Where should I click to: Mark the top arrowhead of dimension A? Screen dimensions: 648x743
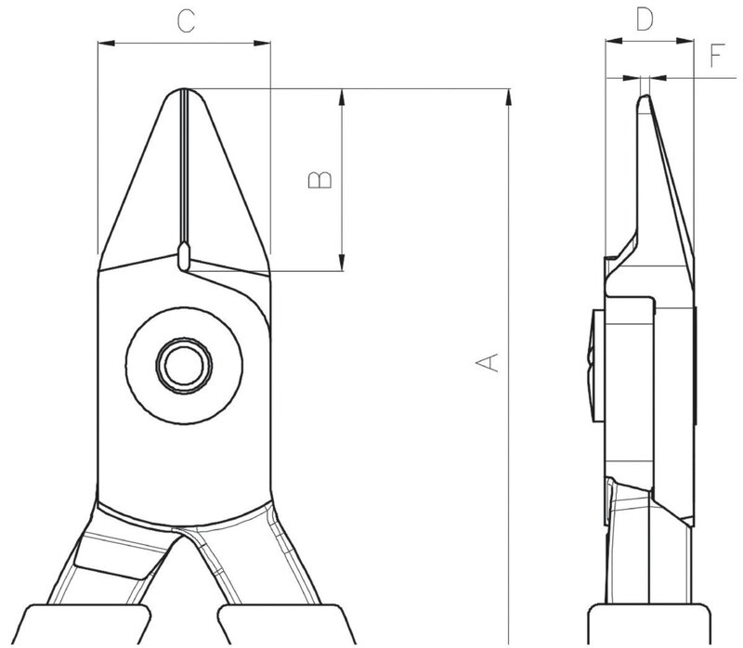508,93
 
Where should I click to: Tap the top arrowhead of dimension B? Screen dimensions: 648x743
344,93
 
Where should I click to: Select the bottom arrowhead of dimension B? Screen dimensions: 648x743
344,267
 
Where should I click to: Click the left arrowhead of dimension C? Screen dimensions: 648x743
103,42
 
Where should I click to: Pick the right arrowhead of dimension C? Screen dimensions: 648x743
264,42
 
